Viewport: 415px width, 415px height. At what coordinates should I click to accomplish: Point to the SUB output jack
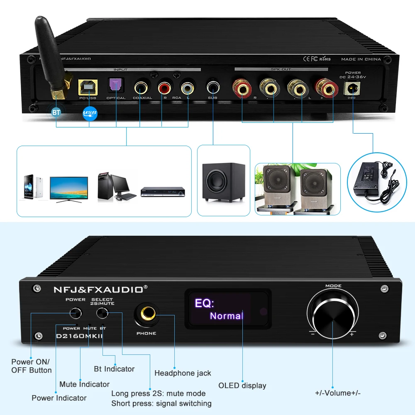click(x=213, y=88)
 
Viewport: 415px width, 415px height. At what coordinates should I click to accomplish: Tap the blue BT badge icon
click(x=56, y=112)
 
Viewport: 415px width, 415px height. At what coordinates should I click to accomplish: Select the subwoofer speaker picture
click(x=223, y=181)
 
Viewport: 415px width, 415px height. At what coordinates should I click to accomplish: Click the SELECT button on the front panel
click(x=102, y=313)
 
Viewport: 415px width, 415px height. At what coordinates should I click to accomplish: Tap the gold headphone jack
click(x=146, y=315)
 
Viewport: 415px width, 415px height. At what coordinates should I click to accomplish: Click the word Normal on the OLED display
click(x=226, y=316)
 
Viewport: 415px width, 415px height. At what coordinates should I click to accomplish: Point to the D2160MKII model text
click(x=80, y=336)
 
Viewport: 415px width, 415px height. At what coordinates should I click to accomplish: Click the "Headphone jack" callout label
click(x=183, y=373)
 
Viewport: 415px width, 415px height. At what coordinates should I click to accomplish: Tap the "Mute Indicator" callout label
click(x=84, y=384)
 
